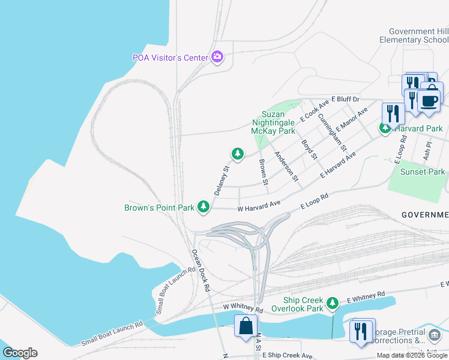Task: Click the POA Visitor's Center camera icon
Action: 217,57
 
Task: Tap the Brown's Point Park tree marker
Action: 204,208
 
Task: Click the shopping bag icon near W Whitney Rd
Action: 245,327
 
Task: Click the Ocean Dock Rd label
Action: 200,270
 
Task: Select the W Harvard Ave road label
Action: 259,205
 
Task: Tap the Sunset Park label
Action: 423,172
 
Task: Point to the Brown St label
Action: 262,169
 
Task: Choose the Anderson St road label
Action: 286,166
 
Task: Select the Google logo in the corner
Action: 20,353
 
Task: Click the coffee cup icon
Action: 429,100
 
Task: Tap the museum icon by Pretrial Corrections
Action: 433,335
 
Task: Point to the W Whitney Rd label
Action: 243,309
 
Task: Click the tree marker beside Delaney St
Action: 238,154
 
